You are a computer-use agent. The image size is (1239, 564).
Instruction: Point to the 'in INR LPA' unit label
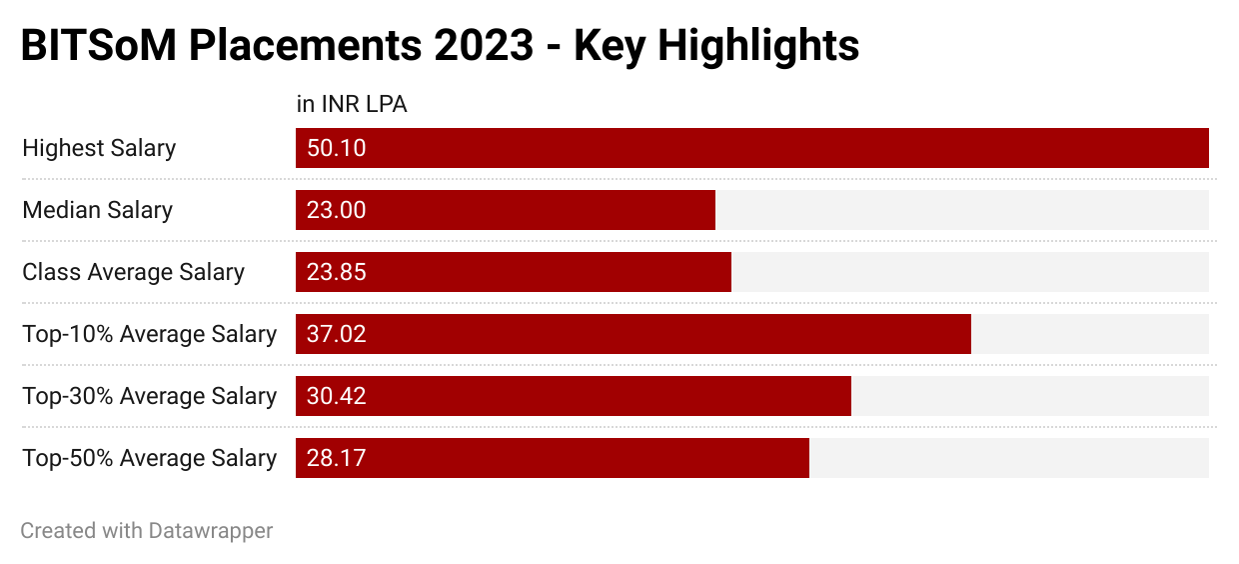coord(352,104)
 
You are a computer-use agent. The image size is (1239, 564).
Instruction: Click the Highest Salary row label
coord(99,148)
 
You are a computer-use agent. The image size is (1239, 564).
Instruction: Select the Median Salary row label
coord(97,210)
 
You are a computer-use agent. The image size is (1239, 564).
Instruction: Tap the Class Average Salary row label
coord(133,272)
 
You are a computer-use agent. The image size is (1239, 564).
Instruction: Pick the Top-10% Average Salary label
coord(149,334)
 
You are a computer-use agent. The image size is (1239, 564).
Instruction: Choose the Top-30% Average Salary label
coord(149,396)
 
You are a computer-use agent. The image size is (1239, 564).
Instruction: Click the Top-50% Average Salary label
coord(149,458)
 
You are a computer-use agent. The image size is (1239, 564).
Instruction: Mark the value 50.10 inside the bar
coord(337,148)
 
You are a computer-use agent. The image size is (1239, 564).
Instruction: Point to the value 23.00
coord(337,210)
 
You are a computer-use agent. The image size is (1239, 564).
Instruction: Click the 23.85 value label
coord(337,272)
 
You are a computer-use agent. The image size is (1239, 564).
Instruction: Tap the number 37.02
coord(337,334)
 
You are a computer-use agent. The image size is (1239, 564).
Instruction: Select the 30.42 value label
coord(337,396)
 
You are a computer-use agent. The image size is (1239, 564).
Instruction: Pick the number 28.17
coord(337,458)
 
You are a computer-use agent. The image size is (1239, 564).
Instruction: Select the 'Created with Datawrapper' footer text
coord(146,530)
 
